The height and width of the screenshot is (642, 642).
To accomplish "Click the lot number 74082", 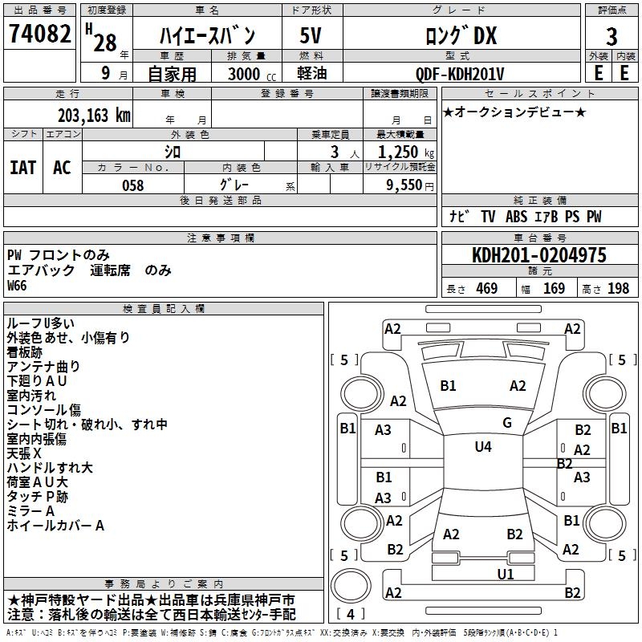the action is pyautogui.click(x=39, y=33).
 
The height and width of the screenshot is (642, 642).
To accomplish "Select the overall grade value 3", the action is pyautogui.click(x=612, y=36).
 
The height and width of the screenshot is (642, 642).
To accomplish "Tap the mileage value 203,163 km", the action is pyautogui.click(x=94, y=116).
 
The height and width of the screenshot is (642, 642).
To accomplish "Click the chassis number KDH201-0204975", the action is pyautogui.click(x=539, y=254).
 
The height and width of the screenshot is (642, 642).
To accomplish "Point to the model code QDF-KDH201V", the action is pyautogui.click(x=459, y=74).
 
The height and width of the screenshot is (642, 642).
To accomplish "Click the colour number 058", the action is pyautogui.click(x=133, y=185).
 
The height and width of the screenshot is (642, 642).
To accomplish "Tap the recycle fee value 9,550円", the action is pyautogui.click(x=410, y=185).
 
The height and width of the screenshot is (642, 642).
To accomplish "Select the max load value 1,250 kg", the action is pyautogui.click(x=406, y=152).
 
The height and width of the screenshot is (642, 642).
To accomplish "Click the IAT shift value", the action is pyautogui.click(x=23, y=168).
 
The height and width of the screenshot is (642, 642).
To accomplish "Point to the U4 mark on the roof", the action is pyautogui.click(x=483, y=447).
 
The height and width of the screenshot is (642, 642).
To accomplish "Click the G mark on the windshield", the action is pyautogui.click(x=507, y=423).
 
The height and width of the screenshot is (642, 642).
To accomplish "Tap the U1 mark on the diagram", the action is pyautogui.click(x=506, y=575).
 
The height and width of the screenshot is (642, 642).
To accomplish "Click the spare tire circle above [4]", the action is pyautogui.click(x=351, y=586).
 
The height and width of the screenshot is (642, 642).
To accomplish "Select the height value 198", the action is pyautogui.click(x=618, y=289).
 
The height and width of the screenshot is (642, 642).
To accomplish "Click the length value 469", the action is pyautogui.click(x=487, y=289).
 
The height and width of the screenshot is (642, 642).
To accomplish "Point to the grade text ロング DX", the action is pyautogui.click(x=461, y=35).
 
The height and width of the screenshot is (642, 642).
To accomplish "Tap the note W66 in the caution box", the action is pyautogui.click(x=17, y=286).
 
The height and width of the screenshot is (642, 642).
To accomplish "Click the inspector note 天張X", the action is pyautogui.click(x=24, y=453).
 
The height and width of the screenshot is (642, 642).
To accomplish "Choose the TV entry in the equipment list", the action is pyautogui.click(x=488, y=217).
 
